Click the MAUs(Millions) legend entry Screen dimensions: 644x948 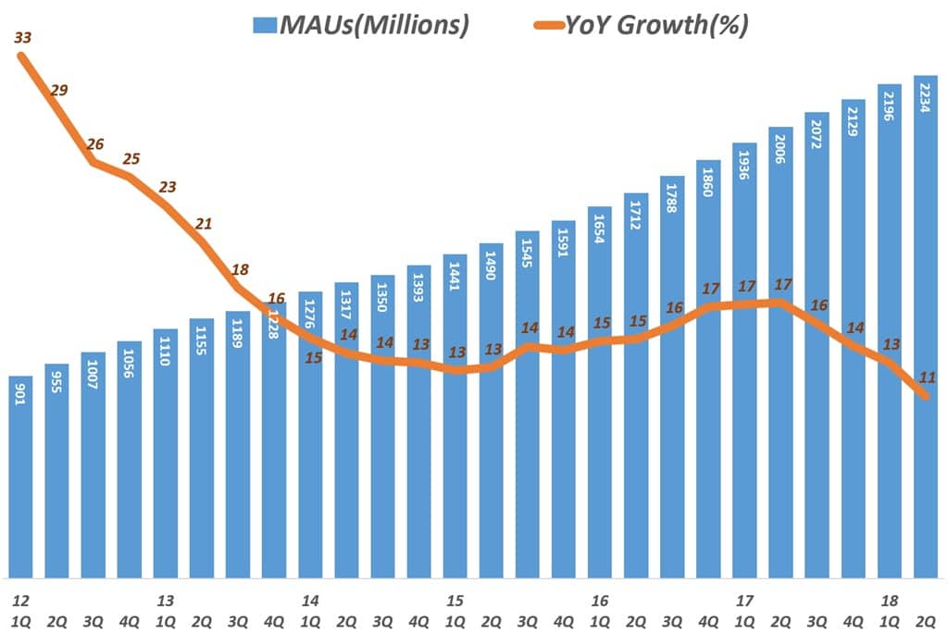pos(361,25)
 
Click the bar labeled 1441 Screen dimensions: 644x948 pos(455,416)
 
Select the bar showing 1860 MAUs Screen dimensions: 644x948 pos(708,370)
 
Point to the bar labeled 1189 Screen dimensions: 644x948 pos(238,444)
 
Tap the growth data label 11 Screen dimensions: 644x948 pos(927,377)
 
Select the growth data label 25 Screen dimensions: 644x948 pos(131,158)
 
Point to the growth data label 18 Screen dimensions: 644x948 pos(240,270)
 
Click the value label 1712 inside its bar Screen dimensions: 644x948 pos(636,214)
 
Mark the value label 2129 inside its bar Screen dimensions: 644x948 pos(853,120)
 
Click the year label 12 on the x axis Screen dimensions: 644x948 pos(19,601)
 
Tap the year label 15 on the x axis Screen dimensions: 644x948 pos(454,601)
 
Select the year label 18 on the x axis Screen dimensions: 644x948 pos(890,601)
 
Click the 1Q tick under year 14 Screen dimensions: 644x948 pos(309,621)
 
